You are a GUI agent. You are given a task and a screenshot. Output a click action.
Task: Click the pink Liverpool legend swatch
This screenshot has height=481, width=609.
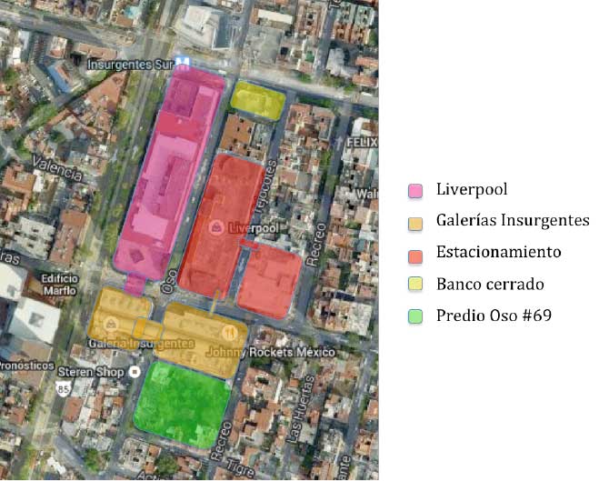pos(415,191)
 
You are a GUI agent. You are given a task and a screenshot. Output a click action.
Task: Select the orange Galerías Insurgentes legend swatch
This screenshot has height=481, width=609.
pos(415,222)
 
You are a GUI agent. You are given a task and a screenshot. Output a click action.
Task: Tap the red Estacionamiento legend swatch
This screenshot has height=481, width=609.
pos(415,254)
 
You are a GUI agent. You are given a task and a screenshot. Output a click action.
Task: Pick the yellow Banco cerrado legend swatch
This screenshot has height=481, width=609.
pos(415,285)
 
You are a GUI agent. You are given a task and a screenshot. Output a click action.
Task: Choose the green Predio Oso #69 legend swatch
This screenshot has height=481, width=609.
pos(415,316)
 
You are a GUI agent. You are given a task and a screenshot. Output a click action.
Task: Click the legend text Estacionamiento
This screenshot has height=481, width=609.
pos(498,252)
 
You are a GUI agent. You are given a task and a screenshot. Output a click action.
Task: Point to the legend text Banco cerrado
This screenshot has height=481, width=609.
pos(489,284)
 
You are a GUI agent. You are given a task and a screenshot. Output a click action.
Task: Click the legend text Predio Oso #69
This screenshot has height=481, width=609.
pos(493,316)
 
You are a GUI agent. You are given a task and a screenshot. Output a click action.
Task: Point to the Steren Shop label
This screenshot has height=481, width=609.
pos(89,371)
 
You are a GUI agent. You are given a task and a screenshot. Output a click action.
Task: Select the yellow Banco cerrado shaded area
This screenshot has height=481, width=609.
pos(258,99)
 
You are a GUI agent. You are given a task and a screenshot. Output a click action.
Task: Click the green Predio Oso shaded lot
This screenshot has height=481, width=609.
pos(183,403)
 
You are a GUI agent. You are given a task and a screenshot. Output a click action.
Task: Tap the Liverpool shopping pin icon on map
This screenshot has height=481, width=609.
pos(217,226)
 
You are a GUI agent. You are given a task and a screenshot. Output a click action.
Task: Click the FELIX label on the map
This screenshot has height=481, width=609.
pos(362,144)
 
